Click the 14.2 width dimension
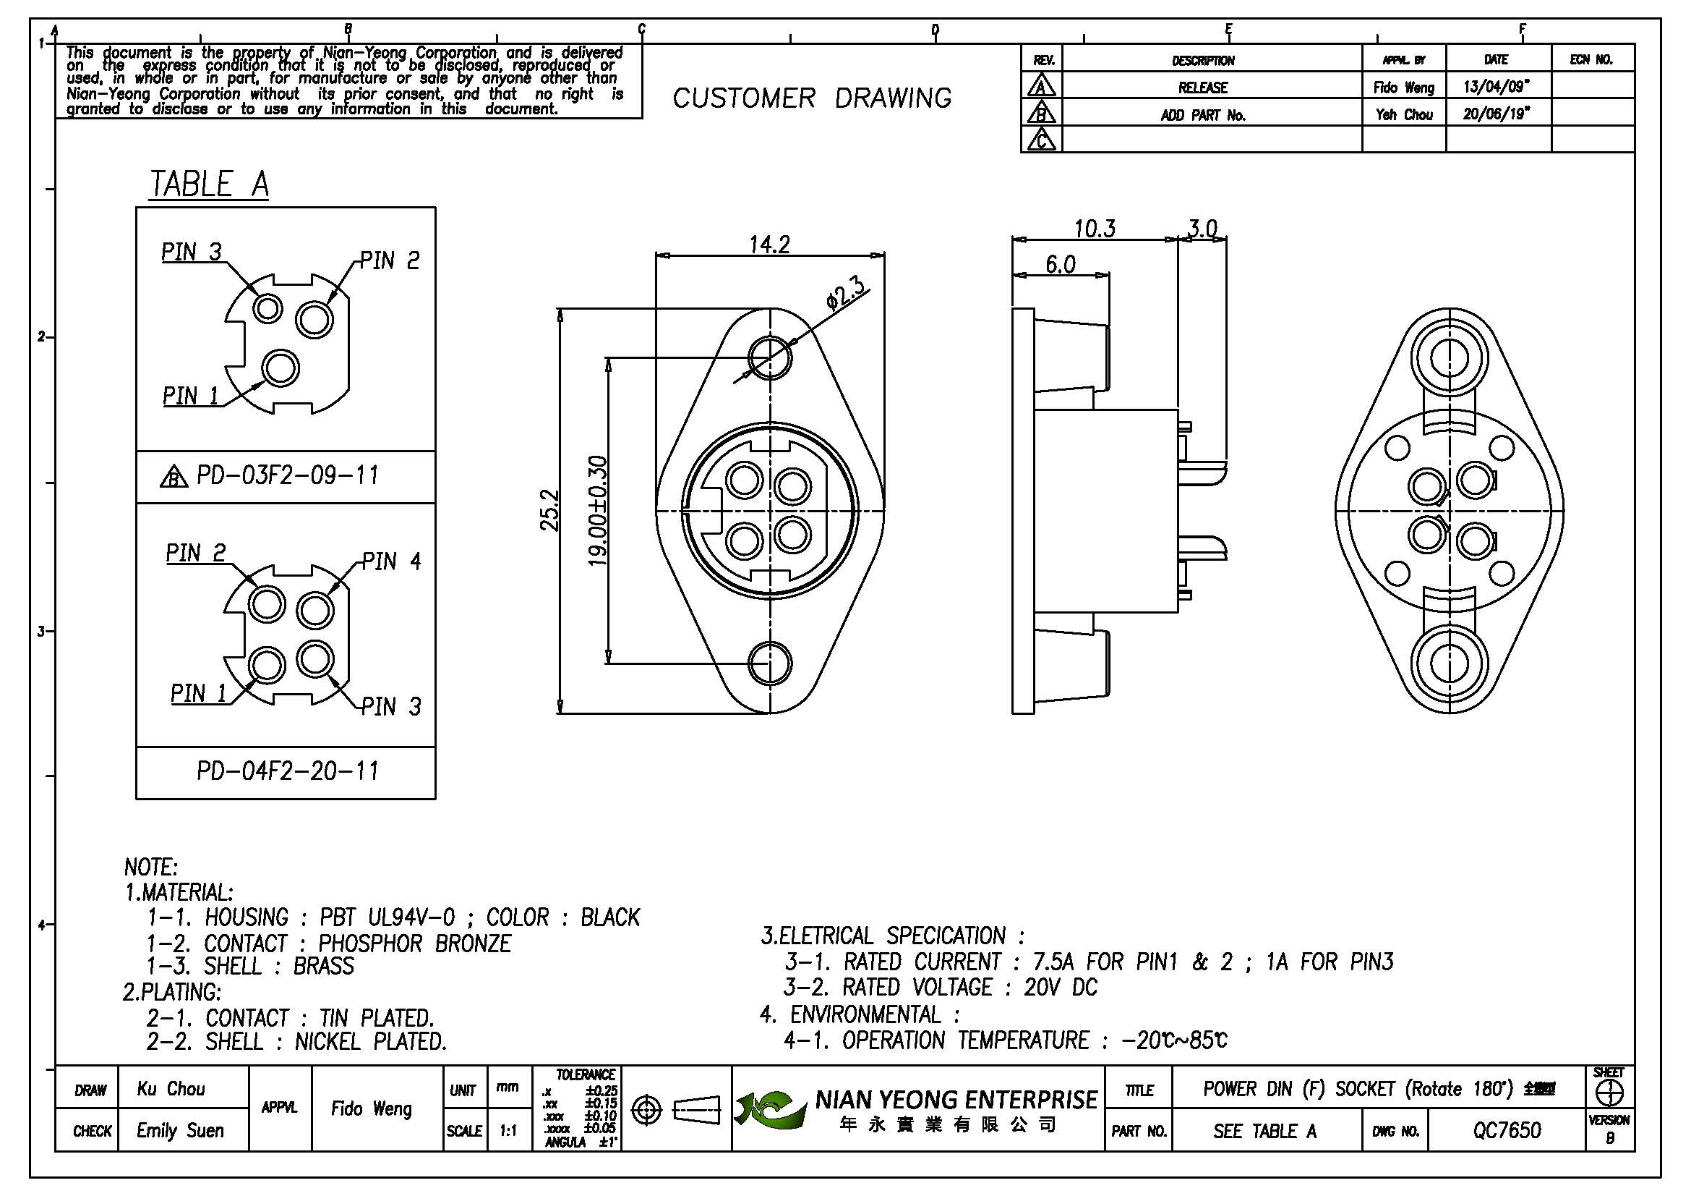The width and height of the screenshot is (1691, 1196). click(770, 244)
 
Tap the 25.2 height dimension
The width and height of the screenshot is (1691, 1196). click(550, 510)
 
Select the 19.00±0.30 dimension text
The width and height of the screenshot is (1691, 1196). click(597, 512)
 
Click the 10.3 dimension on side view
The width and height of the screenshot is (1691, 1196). click(1095, 229)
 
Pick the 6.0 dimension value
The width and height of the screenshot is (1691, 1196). click(1061, 264)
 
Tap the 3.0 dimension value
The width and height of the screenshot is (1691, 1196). click(1202, 229)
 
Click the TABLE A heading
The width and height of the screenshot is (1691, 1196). click(209, 184)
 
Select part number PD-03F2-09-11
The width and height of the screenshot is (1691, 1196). click(287, 475)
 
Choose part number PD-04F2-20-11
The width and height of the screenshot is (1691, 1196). click(287, 771)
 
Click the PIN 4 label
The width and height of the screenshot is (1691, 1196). click(391, 561)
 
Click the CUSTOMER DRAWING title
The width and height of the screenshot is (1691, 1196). click(812, 98)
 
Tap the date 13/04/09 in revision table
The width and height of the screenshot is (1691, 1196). click(1496, 87)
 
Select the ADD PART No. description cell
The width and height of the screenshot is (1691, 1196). click(1203, 115)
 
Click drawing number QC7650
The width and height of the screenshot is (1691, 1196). click(1506, 1129)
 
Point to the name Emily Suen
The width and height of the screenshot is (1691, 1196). click(180, 1129)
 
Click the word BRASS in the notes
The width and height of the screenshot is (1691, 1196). click(323, 966)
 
